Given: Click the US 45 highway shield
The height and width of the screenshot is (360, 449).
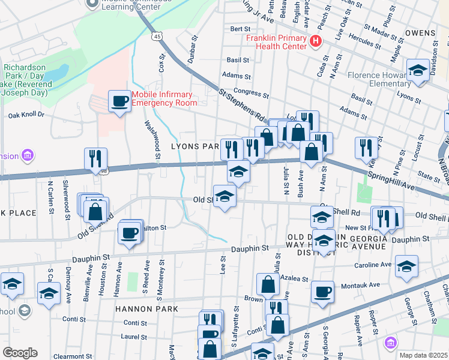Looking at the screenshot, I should coord(157,37).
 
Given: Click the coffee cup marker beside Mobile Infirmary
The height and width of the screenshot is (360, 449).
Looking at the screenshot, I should coord(119,100).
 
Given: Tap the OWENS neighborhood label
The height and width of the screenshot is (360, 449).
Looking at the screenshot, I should coord(420,32).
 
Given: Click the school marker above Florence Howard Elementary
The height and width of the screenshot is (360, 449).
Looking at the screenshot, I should coord(417,71).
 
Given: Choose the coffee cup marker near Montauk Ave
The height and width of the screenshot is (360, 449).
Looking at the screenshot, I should coord(322,292).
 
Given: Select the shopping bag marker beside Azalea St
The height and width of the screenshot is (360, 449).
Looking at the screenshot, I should coord(267,284).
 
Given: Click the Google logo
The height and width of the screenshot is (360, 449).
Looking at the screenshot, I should coord(20,353).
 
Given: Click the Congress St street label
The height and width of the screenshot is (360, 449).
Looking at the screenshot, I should coord(251,94).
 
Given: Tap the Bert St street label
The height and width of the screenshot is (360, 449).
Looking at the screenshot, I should coord(240,28).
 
